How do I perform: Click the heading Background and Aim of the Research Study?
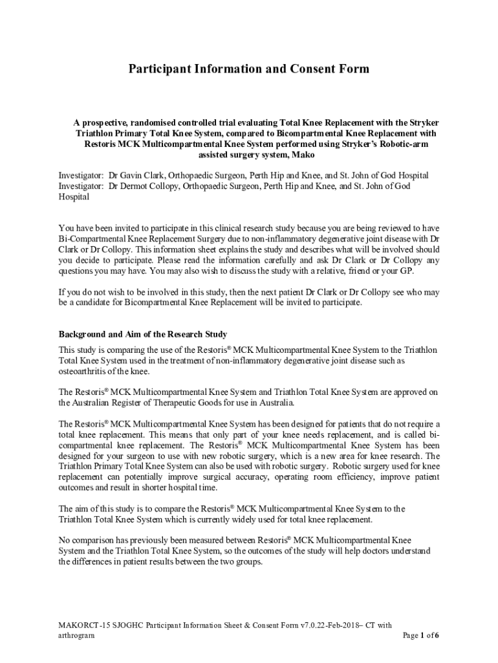(143, 334)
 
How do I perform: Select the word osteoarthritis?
(85, 371)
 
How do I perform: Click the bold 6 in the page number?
(437, 636)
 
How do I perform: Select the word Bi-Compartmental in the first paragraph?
(94, 240)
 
